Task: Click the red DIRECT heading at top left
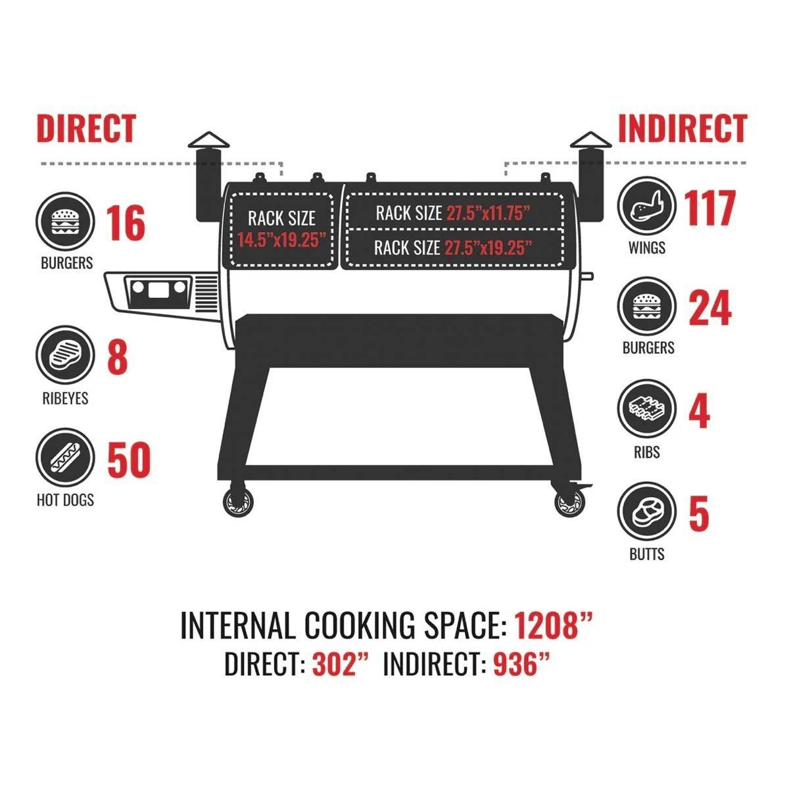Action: pyautogui.click(x=86, y=128)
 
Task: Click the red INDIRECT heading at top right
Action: pyautogui.click(x=682, y=128)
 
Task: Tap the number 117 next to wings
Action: pyautogui.click(x=710, y=208)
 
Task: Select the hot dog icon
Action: pyautogui.click(x=65, y=458)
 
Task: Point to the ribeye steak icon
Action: pyautogui.click(x=65, y=355)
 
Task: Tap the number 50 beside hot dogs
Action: pyautogui.click(x=129, y=460)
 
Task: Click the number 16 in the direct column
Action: pyautogui.click(x=126, y=223)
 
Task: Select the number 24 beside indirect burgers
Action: pyautogui.click(x=710, y=308)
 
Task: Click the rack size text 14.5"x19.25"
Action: pyautogui.click(x=281, y=241)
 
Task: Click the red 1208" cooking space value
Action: pyautogui.click(x=554, y=625)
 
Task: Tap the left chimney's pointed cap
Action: pyautogui.click(x=209, y=140)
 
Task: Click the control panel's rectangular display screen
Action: pyautogui.click(x=158, y=290)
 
